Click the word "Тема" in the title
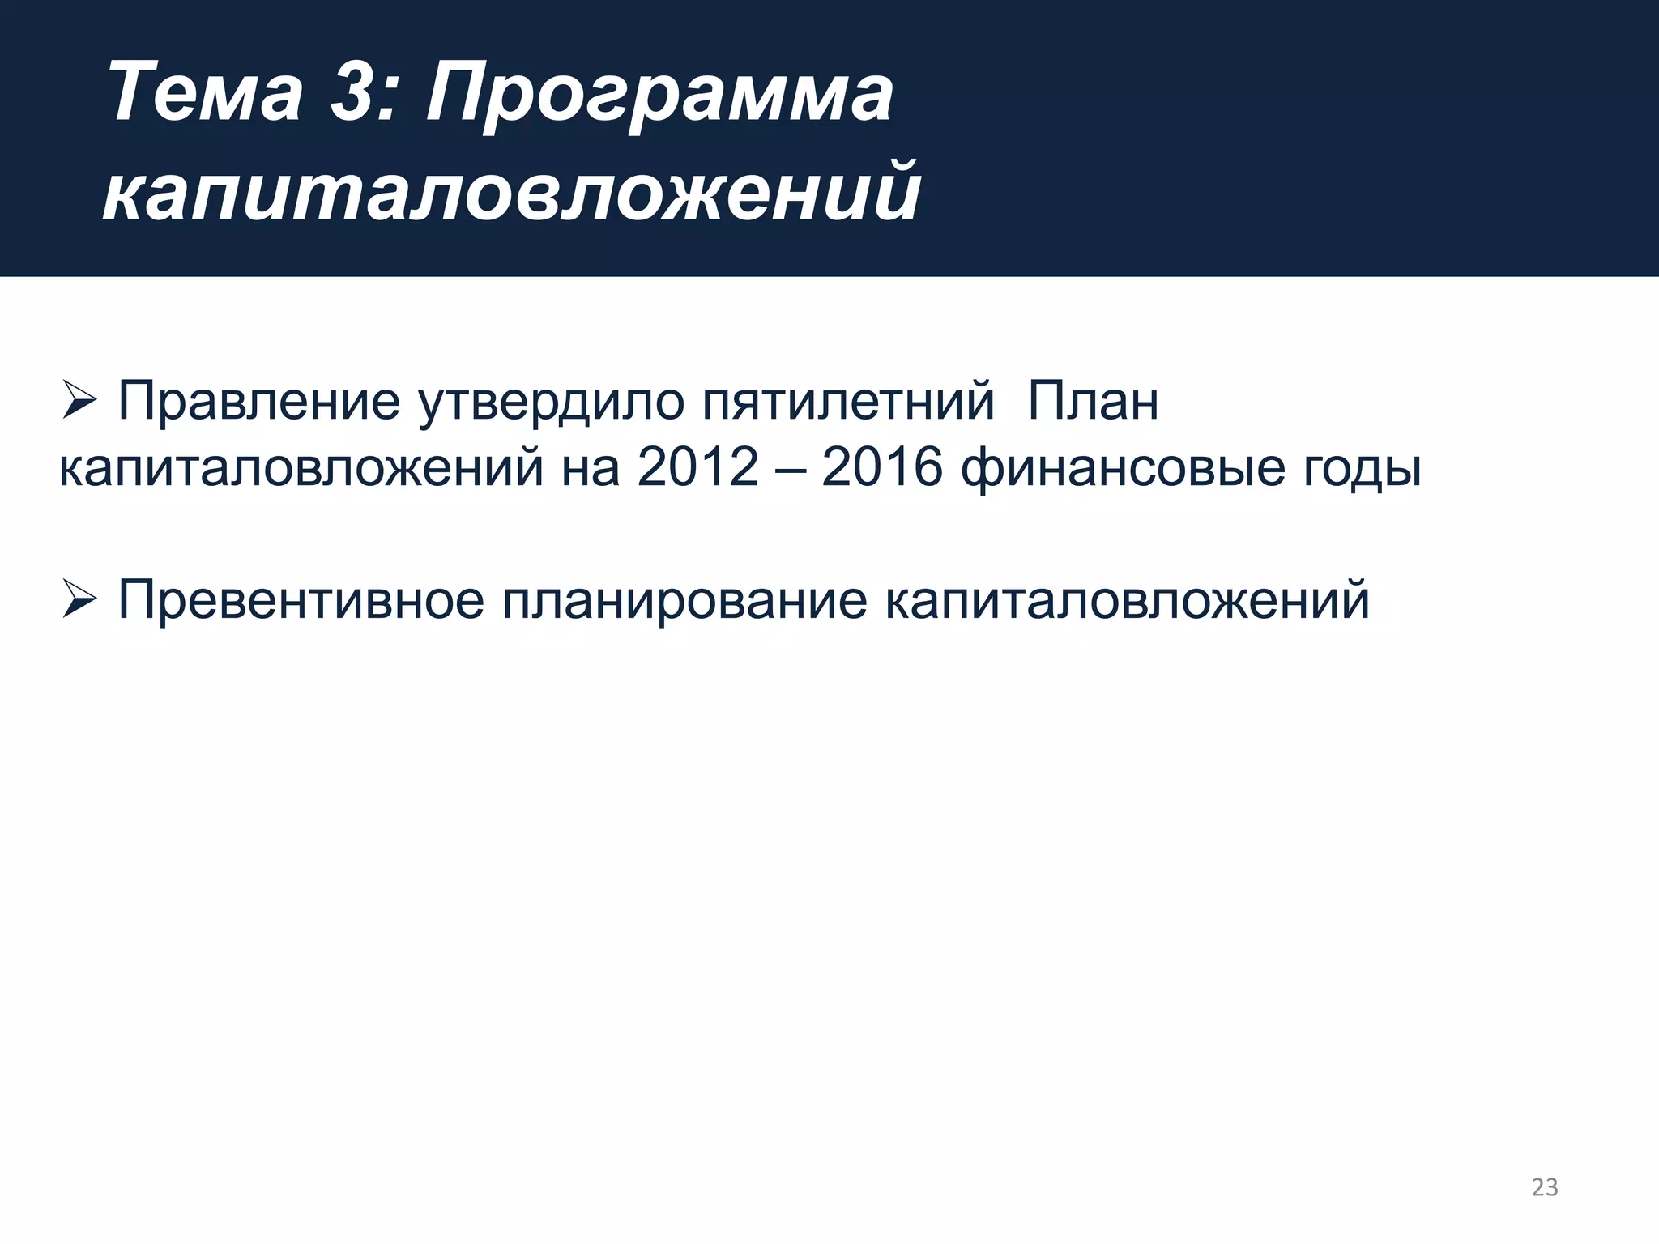point(205,92)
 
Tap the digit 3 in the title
point(356,92)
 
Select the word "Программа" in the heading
point(659,96)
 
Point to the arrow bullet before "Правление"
point(79,401)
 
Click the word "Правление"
point(258,401)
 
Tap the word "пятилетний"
point(847,401)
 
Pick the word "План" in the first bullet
point(1093,401)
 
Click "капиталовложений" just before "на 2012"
point(301,467)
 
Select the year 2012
point(698,467)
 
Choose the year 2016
point(882,467)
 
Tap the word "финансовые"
point(1123,469)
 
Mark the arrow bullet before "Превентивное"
point(79,600)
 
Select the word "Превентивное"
point(301,600)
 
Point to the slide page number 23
point(1545,1187)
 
